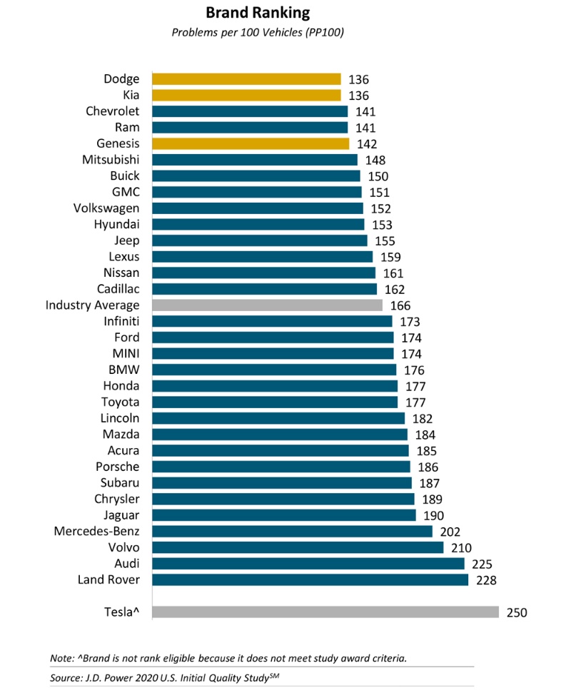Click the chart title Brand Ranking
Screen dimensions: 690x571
point(257,13)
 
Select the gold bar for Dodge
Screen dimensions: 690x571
point(246,79)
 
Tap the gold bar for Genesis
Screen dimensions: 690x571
point(251,143)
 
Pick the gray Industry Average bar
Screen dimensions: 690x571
point(267,305)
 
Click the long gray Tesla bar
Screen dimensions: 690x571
point(325,612)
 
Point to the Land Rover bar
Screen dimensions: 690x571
point(310,579)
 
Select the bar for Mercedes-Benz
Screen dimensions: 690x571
point(292,531)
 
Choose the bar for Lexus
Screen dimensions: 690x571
point(262,257)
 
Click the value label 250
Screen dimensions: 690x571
point(517,612)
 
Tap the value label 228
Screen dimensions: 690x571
point(485,580)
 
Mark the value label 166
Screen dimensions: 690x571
point(400,305)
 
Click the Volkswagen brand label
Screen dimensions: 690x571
point(106,208)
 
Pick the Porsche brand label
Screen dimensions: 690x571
point(117,467)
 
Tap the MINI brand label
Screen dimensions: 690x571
point(126,354)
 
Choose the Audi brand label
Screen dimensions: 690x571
point(126,564)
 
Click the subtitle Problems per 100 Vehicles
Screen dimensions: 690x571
point(258,33)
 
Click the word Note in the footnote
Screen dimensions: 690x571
point(62,657)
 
